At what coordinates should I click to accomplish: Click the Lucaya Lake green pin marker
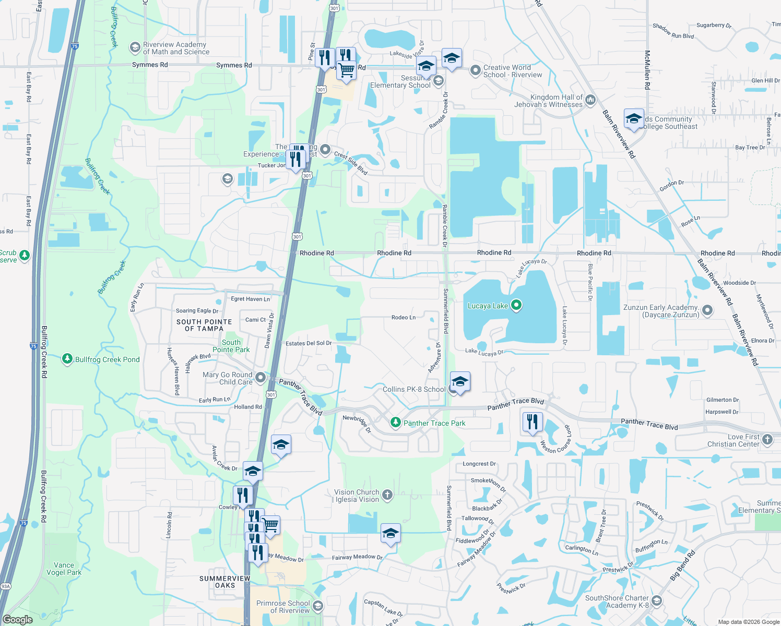coord(516,305)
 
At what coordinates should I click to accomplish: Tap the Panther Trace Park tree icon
coord(396,423)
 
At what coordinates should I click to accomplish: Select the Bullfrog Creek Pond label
coord(107,359)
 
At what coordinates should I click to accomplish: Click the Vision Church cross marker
coord(387,495)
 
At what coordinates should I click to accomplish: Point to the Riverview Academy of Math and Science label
coord(176,49)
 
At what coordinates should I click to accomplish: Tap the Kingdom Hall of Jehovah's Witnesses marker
coord(590,100)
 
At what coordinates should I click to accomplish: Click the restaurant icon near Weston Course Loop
coord(532,422)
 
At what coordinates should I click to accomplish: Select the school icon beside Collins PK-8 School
coord(459,382)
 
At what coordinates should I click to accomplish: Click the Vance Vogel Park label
coord(64,569)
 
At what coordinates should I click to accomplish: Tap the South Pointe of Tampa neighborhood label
coord(204,325)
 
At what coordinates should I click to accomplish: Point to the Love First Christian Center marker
coord(767,439)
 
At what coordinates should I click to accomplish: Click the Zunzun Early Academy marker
coord(707,310)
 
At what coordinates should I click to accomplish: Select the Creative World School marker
coord(475,70)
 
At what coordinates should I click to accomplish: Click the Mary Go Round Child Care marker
coord(261,378)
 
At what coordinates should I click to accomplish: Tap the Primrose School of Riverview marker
coord(317,606)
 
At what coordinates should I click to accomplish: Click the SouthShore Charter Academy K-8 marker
coord(656,601)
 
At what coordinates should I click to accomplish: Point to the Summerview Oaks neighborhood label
coord(225,582)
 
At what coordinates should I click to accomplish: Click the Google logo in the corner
coord(18,620)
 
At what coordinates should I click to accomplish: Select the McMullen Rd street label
coord(647,70)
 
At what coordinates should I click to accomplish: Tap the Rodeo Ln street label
coord(404,317)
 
